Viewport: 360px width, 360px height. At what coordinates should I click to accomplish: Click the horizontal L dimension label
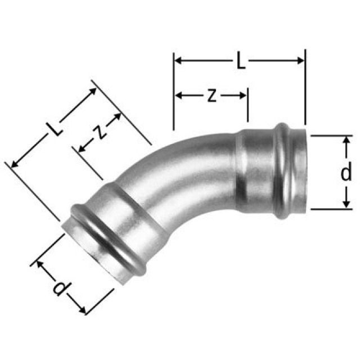coord(240,60)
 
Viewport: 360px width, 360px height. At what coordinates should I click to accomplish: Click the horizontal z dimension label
coord(211,95)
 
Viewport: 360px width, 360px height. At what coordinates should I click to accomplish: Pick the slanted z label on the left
coord(99,133)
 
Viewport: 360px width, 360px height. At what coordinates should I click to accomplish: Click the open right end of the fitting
coord(303,172)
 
